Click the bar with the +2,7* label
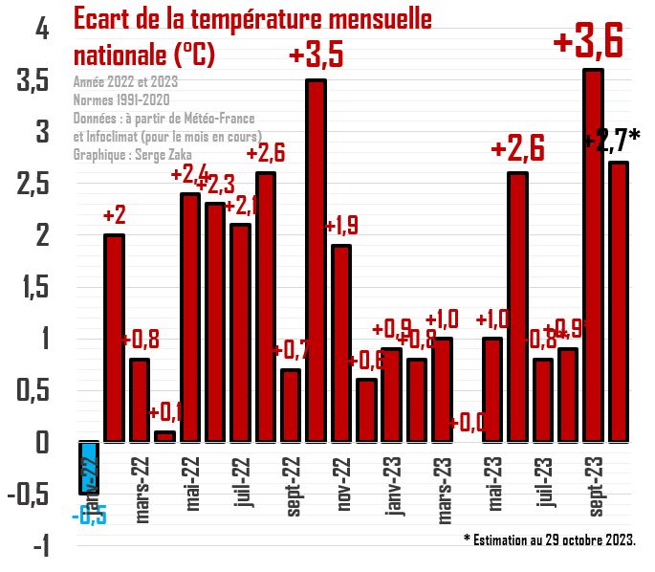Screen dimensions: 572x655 click(619, 301)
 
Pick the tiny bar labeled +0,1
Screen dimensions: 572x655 click(164, 436)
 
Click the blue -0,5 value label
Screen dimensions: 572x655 click(88, 516)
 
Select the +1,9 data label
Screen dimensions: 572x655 click(341, 227)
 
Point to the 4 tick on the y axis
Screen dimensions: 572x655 click(40, 31)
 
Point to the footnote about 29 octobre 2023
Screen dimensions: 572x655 click(549, 540)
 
